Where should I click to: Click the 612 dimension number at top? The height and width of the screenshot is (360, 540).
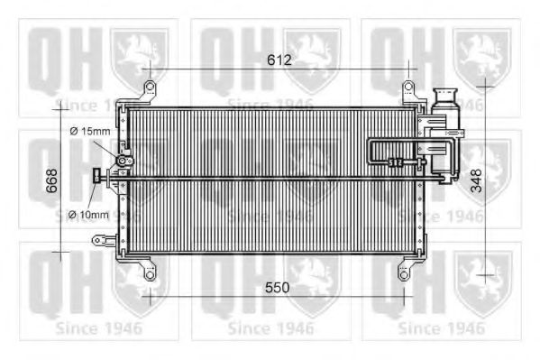coord(279,60)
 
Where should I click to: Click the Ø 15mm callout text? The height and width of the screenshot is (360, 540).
coord(89,133)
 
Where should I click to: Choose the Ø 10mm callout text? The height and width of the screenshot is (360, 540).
coord(88,215)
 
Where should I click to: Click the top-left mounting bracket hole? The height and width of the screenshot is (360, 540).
coord(148,88)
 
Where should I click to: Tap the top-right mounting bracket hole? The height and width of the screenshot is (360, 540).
coord(408,88)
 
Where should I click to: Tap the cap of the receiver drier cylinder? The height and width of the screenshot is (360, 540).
coord(444,95)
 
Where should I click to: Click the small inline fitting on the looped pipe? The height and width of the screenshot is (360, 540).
coord(395,162)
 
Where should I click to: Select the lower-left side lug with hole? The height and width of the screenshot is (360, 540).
coord(98,240)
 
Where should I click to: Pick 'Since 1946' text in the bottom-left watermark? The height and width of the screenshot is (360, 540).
coord(97,327)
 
